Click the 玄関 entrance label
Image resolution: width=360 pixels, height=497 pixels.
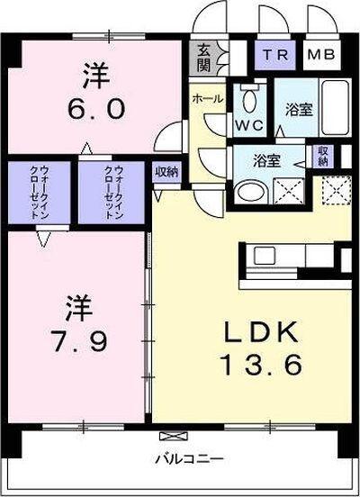[x=203, y=59]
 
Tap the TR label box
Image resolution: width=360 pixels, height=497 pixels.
[x=274, y=54]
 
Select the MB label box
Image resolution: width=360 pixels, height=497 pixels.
[x=319, y=54]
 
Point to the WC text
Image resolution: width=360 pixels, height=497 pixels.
[x=247, y=123]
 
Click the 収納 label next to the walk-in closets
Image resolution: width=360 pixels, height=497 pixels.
[x=166, y=170]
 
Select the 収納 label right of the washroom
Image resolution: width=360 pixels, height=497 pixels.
[x=323, y=155]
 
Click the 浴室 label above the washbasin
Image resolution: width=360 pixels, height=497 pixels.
[x=267, y=162]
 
